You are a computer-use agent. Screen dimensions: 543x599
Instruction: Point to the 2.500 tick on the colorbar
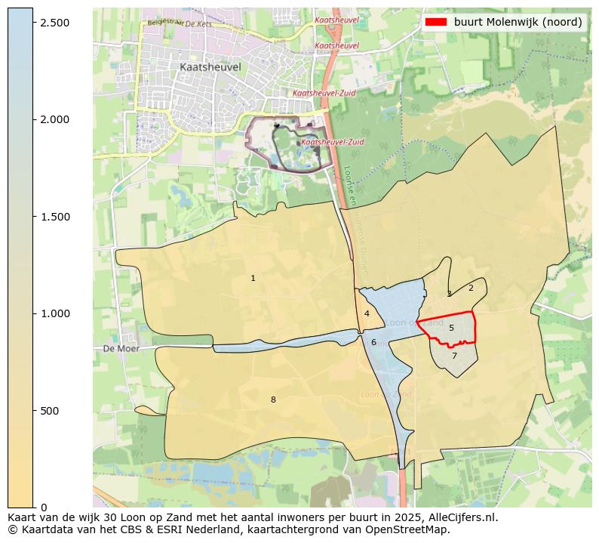click(35, 23)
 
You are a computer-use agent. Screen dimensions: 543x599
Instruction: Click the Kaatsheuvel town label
click(210, 67)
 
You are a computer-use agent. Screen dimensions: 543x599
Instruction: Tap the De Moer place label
click(118, 349)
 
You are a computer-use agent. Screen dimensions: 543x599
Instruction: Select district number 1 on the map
click(253, 279)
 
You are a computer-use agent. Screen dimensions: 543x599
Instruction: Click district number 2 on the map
click(471, 288)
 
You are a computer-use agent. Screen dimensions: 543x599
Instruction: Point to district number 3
click(449, 295)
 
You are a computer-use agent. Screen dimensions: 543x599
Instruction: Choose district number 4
click(367, 314)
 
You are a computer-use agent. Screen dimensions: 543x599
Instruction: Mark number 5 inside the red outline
click(451, 328)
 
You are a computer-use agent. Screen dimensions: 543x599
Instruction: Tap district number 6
click(373, 342)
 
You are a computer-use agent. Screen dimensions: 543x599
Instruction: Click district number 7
click(454, 356)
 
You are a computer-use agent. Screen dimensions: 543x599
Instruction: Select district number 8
click(273, 400)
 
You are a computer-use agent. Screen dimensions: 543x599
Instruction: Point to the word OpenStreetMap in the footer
click(408, 529)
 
